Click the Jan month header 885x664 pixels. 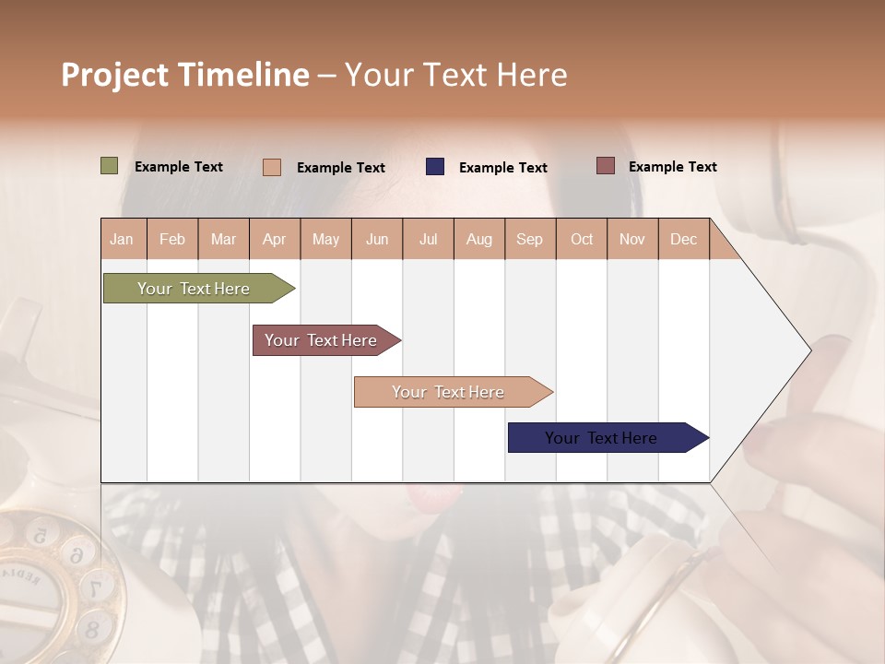(122, 239)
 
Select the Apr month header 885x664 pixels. (274, 239)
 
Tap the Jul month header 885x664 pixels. (428, 239)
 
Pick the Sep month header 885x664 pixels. (529, 239)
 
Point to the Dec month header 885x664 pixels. (683, 239)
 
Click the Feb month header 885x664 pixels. (172, 239)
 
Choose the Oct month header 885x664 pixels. (582, 239)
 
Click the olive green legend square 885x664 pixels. (110, 166)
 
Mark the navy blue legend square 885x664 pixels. (435, 167)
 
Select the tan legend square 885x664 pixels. (272, 167)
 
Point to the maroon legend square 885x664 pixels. (606, 166)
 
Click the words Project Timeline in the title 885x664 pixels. (185, 75)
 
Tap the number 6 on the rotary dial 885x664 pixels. (78, 553)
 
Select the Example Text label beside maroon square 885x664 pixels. (672, 167)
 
